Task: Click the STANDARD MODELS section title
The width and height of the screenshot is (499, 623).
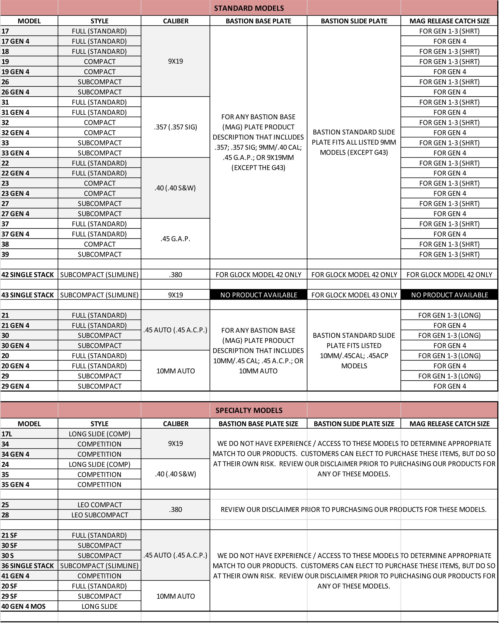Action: point(249,8)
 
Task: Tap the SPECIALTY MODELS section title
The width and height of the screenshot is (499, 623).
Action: point(249,410)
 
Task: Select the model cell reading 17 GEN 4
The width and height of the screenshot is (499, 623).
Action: point(16,41)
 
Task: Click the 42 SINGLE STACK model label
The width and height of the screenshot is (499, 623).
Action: point(28,274)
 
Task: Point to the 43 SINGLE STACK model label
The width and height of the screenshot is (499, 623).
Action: point(28,295)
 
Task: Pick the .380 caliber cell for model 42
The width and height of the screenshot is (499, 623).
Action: point(175,274)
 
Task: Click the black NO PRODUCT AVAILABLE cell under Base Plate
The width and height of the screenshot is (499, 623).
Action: point(259,295)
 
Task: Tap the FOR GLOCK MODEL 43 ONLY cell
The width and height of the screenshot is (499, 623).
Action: point(354,295)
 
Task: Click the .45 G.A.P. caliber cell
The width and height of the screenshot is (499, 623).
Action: point(175,239)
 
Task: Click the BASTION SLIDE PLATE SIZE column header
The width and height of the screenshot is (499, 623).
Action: point(354,424)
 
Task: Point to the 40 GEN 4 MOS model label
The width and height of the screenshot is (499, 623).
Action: point(24,606)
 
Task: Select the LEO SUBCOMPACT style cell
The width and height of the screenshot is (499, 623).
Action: point(100,515)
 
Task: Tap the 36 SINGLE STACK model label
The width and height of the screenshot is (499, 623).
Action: point(28,566)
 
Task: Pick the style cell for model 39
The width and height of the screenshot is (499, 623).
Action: point(100,254)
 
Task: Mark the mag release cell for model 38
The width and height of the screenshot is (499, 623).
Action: point(449,244)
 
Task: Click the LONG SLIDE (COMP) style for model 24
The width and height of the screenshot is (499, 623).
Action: point(100,464)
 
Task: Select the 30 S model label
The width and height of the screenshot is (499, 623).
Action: point(8,555)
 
